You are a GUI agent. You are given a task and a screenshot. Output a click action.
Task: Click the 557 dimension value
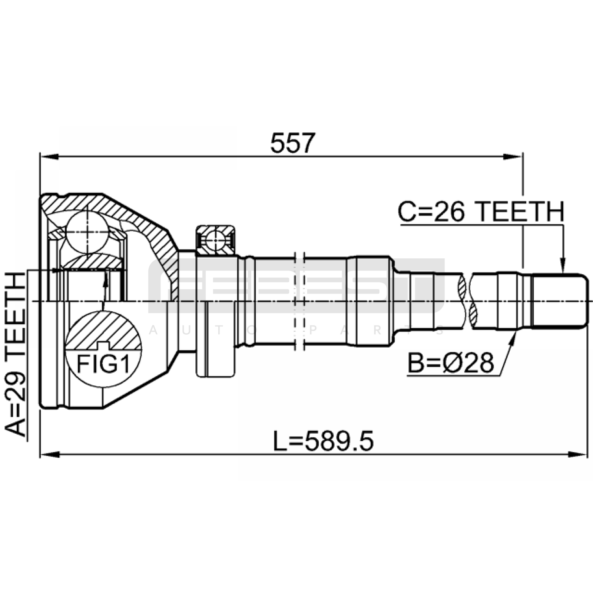tap(292, 143)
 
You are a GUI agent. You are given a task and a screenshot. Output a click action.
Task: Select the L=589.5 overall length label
tap(323, 441)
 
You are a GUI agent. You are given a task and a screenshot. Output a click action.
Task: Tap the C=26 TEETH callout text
tap(481, 212)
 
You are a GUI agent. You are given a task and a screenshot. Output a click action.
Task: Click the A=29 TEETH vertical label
tap(16, 354)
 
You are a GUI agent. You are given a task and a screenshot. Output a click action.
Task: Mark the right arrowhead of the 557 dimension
tap(513, 157)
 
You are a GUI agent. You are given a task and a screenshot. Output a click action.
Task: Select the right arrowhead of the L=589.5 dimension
tap(578, 454)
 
